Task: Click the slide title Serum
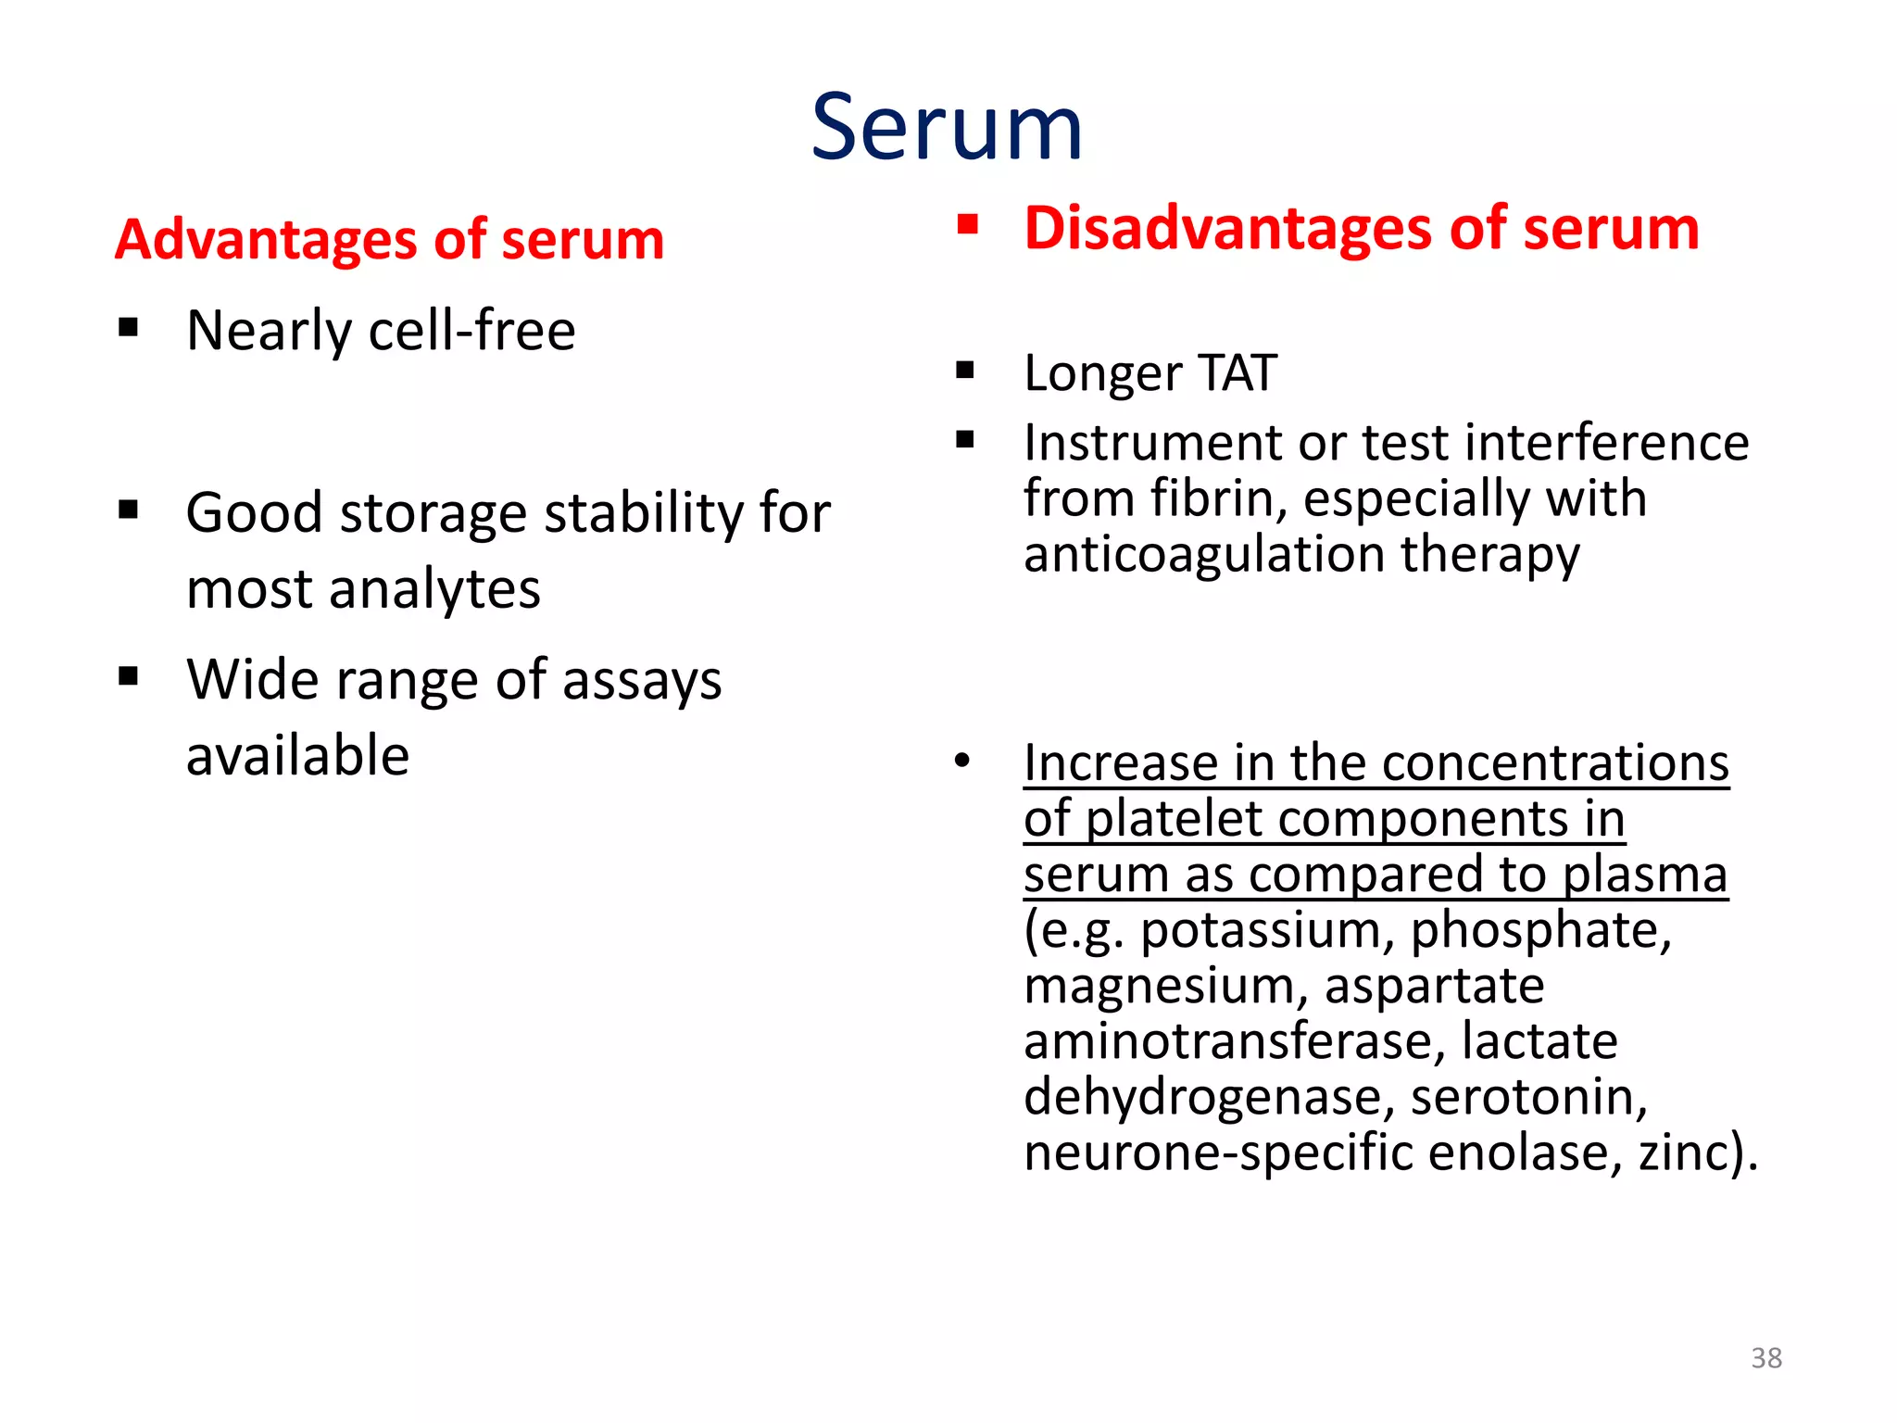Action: tap(947, 128)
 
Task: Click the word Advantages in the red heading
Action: tap(267, 241)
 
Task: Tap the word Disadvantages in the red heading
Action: tap(1228, 229)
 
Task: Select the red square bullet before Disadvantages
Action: tap(968, 224)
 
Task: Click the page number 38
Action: tap(1765, 1358)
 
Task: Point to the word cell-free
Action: tap(471, 331)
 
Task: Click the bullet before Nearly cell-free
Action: tap(129, 327)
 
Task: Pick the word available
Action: tap(297, 756)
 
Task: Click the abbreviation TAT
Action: tap(1237, 373)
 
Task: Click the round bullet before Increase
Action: tap(962, 762)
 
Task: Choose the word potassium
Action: tap(1266, 930)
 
